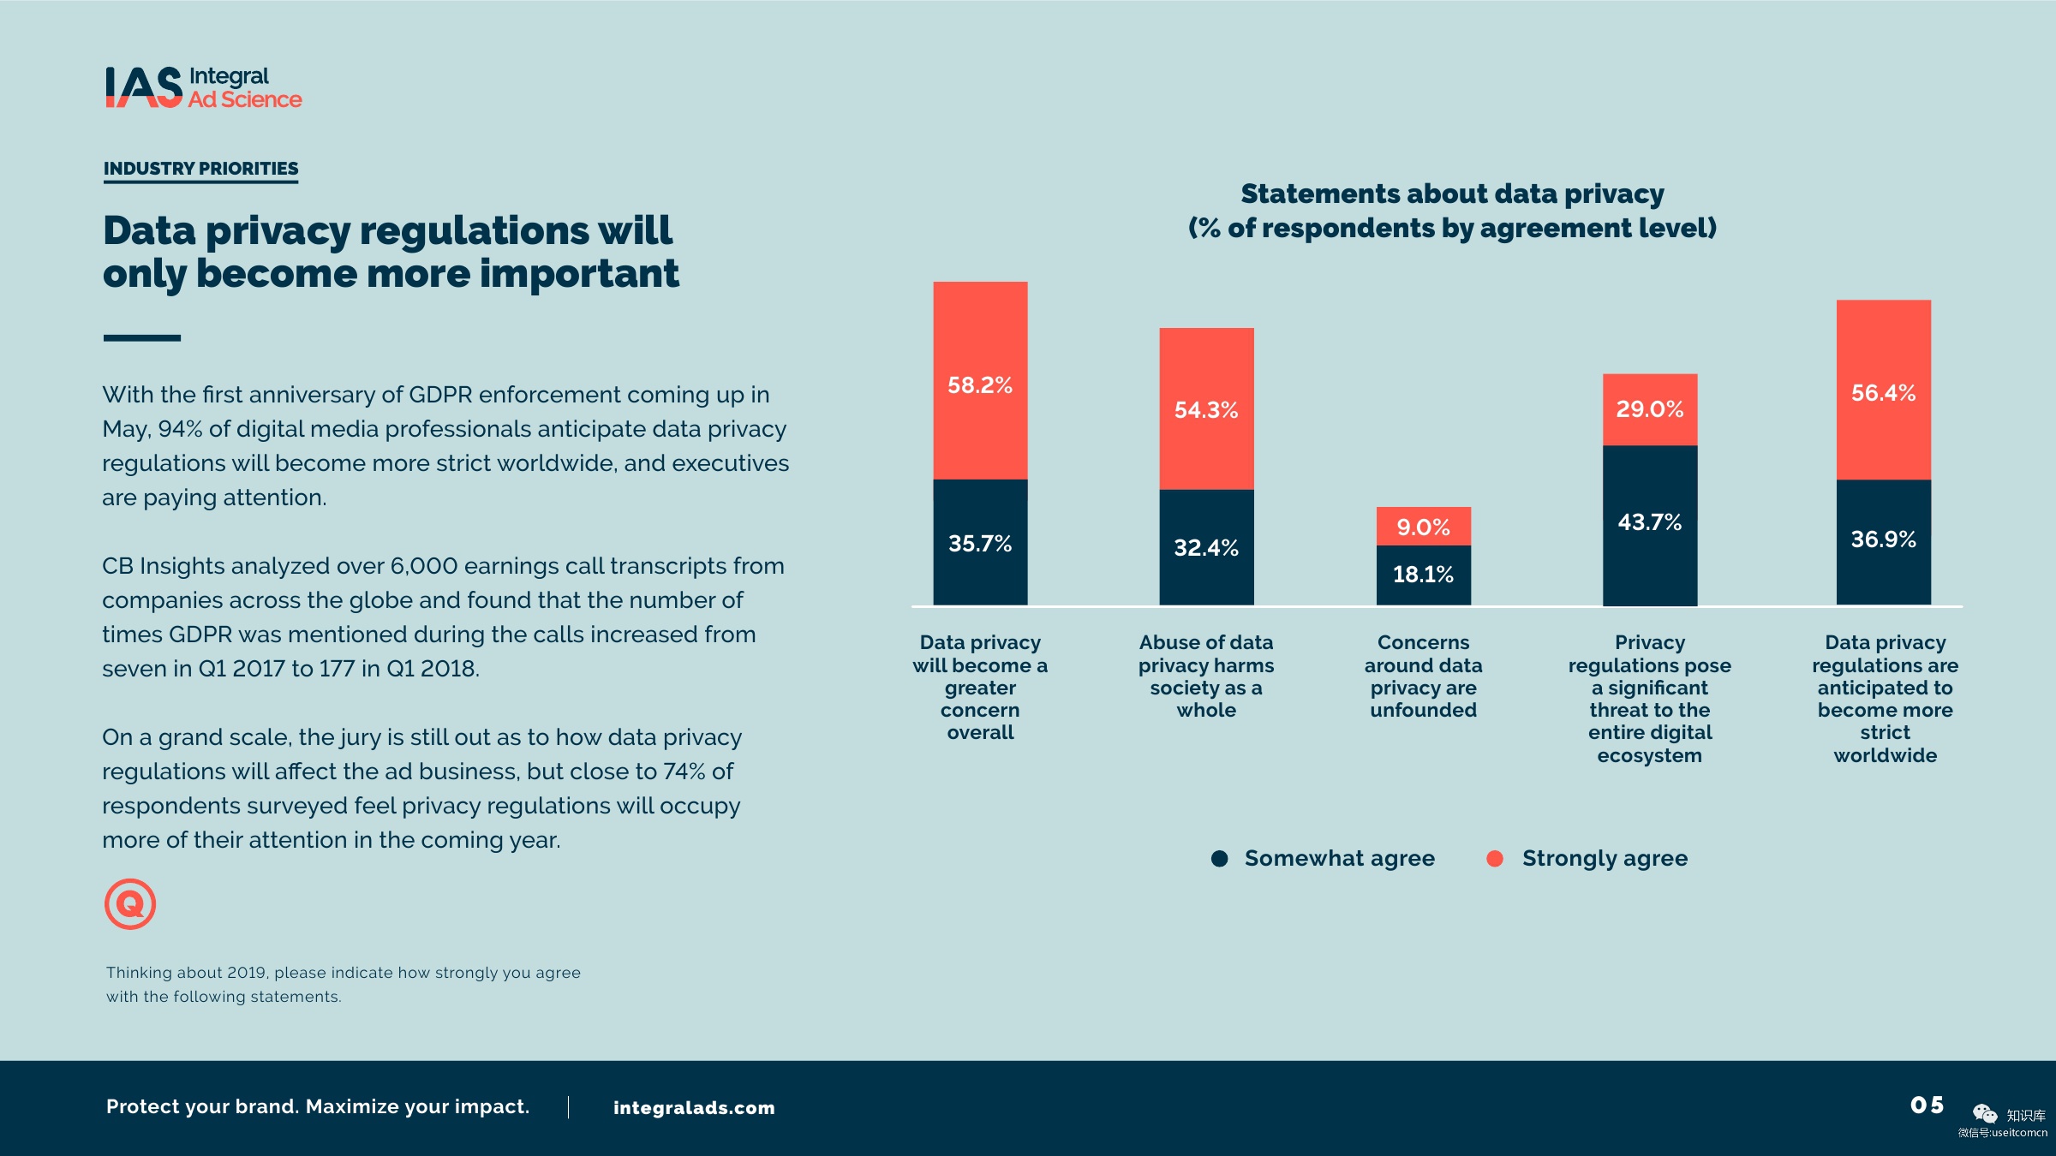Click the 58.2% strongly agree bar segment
(980, 380)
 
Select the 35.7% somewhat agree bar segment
(980, 543)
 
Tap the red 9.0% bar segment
(1423, 526)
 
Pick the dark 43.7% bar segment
(1649, 524)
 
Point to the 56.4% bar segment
(1883, 390)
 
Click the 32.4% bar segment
(1206, 547)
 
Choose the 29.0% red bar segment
(1649, 409)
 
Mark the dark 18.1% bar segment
(1423, 575)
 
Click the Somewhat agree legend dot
(1219, 858)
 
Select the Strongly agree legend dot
(1494, 858)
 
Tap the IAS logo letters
(144, 87)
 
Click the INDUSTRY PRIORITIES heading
(200, 169)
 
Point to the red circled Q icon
(130, 903)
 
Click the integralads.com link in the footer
(694, 1107)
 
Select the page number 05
(1927, 1105)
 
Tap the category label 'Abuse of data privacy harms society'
(1206, 676)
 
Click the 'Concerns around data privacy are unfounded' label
(1423, 676)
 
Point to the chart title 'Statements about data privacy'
(1452, 194)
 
